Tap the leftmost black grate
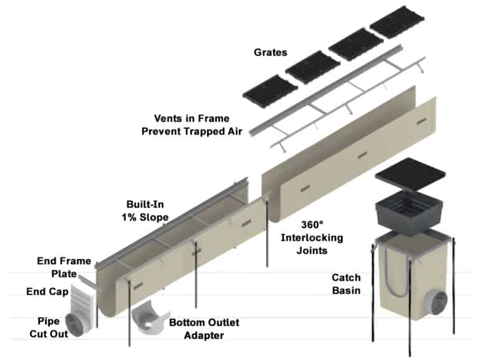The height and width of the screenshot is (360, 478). click(269, 90)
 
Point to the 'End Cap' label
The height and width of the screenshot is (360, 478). click(44, 291)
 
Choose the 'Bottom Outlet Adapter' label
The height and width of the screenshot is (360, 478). click(204, 329)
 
